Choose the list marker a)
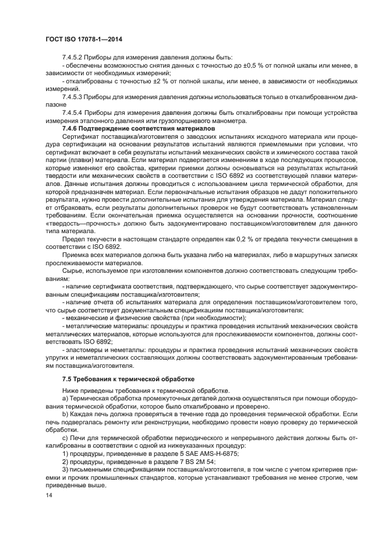[65, 398]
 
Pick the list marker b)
[65, 413]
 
